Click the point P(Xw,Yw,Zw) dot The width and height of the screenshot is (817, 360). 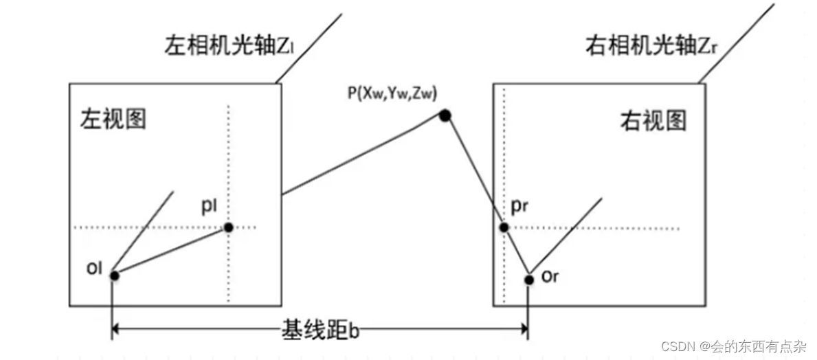[x=445, y=116]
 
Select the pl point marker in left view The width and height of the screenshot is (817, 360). [x=228, y=227]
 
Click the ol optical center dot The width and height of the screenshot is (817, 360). [x=114, y=275]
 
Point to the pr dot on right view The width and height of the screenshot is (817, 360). [x=504, y=227]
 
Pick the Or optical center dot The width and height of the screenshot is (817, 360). [x=528, y=279]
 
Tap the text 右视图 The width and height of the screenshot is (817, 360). [x=653, y=121]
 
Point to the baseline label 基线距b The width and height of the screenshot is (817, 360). [x=320, y=330]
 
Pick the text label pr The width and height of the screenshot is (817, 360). [x=521, y=206]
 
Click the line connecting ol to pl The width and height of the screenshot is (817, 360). [x=171, y=251]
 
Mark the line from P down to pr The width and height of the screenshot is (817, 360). [x=474, y=172]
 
